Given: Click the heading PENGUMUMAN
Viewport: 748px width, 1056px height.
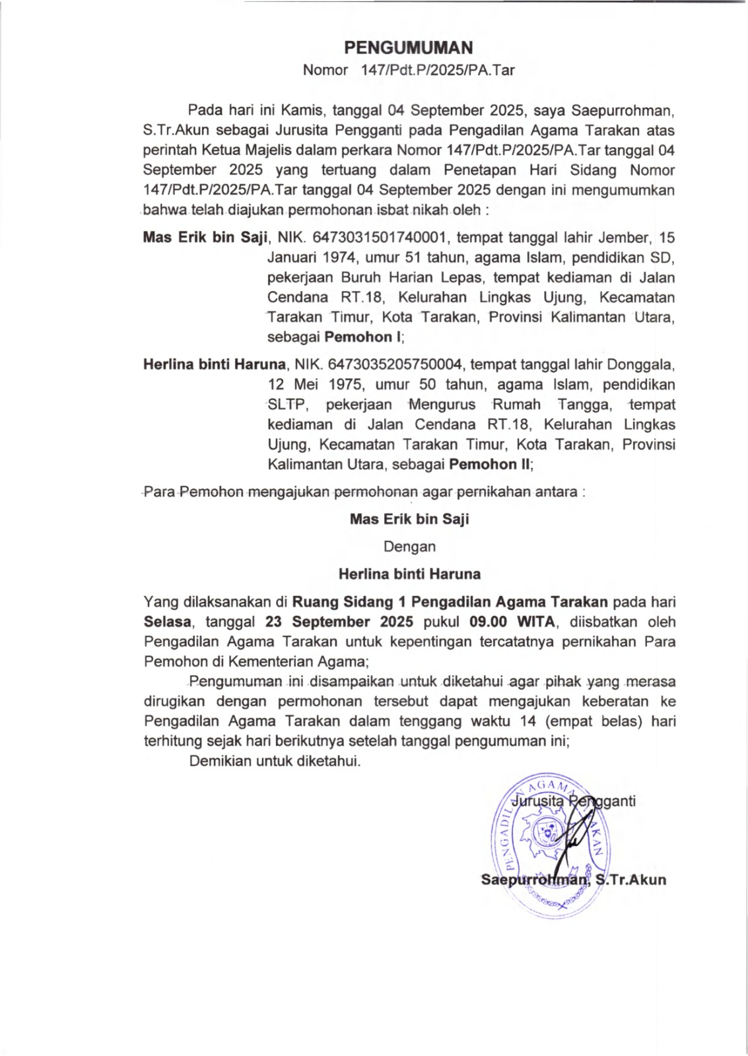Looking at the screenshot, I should (409, 48).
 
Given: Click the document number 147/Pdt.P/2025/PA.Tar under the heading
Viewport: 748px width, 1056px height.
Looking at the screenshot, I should (438, 70).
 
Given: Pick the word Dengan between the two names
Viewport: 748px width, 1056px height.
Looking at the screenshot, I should (409, 546).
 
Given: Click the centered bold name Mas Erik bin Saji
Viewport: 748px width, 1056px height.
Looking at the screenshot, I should (409, 519).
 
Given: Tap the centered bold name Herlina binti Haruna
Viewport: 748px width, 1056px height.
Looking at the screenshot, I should (409, 574).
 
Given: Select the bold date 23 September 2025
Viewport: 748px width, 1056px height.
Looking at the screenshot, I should (339, 622).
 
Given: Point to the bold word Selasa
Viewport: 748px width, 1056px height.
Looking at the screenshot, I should (168, 622).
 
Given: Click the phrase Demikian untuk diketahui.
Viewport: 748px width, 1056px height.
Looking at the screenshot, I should (275, 761).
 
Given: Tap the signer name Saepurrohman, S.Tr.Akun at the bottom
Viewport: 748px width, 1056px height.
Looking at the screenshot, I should (573, 880).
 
